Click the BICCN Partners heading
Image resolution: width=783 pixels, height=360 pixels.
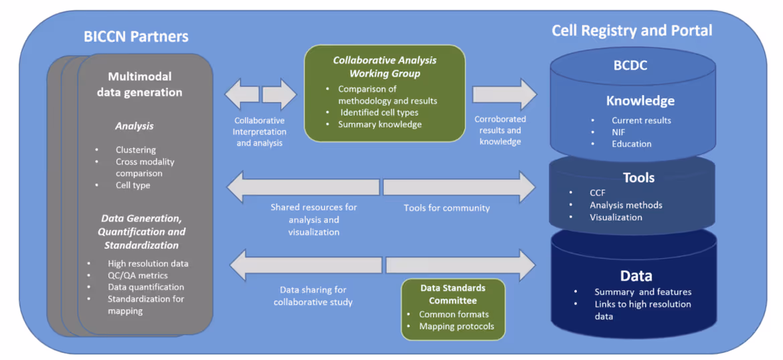(136, 37)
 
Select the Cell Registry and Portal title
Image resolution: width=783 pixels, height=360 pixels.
(631, 31)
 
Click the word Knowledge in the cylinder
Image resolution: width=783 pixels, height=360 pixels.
(640, 101)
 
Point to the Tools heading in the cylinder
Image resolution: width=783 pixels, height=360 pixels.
(638, 177)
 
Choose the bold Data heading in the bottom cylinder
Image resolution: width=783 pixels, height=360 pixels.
(636, 276)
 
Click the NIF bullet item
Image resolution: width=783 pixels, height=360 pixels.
(619, 132)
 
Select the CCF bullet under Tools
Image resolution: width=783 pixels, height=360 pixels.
(597, 193)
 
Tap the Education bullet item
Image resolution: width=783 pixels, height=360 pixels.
(631, 144)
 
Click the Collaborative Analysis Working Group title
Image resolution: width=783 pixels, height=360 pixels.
(385, 66)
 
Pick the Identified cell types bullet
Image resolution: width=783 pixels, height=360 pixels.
(379, 112)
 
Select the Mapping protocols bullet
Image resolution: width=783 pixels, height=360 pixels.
(456, 327)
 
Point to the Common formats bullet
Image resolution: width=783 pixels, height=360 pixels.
(454, 314)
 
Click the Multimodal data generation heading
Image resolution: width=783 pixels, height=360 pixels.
(139, 84)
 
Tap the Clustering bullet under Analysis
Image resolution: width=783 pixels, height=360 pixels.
(135, 150)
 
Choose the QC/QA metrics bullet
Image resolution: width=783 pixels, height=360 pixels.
(137, 275)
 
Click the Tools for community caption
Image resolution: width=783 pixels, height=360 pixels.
(446, 208)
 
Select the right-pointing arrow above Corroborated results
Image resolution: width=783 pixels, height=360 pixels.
(504, 94)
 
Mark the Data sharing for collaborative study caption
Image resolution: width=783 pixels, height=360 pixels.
(313, 296)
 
